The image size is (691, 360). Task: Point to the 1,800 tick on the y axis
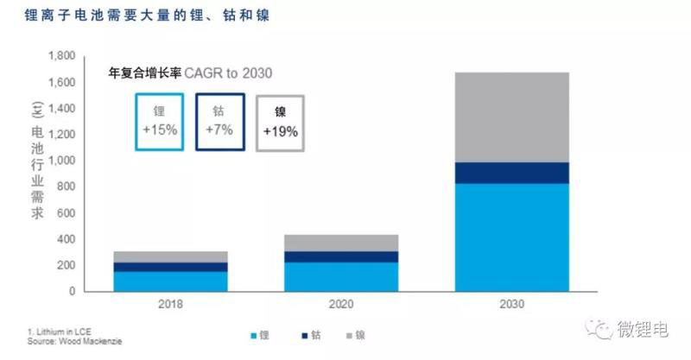[x=63, y=56]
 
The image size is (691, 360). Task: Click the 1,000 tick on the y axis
[x=63, y=161]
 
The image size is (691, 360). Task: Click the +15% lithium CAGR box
[x=159, y=121]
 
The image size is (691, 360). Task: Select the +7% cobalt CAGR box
[x=219, y=121]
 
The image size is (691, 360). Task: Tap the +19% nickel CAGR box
[x=280, y=123]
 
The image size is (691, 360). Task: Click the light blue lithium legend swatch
[x=254, y=334]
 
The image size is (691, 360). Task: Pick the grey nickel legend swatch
[x=347, y=334]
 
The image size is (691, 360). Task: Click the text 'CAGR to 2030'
[x=232, y=73]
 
